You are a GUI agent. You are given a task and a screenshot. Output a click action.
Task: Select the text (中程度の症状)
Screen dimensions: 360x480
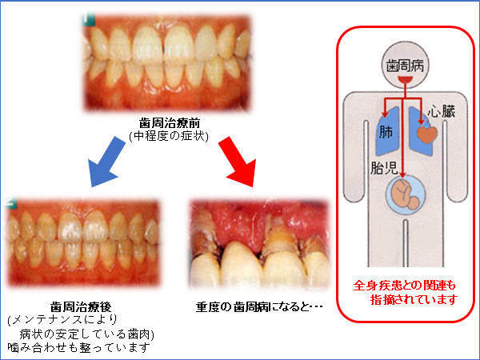pos(169,137)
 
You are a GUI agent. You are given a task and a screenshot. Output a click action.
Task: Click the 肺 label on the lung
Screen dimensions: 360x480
pos(387,132)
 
